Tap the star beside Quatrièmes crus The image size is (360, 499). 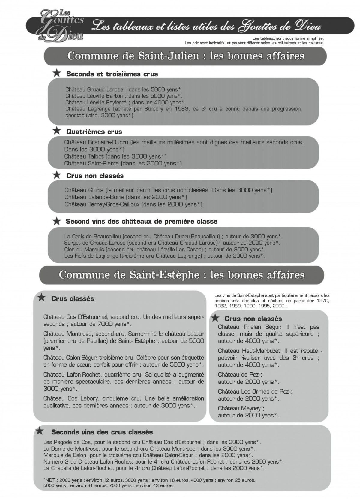[x=56, y=131]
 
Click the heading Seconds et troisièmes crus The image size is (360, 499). [x=112, y=74]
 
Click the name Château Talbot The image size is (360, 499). [x=84, y=156]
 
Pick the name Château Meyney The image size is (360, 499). [x=241, y=408]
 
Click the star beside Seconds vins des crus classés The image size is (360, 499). [x=39, y=431]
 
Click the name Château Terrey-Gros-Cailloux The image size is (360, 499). [x=102, y=204]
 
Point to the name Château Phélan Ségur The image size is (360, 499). [x=249, y=327]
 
